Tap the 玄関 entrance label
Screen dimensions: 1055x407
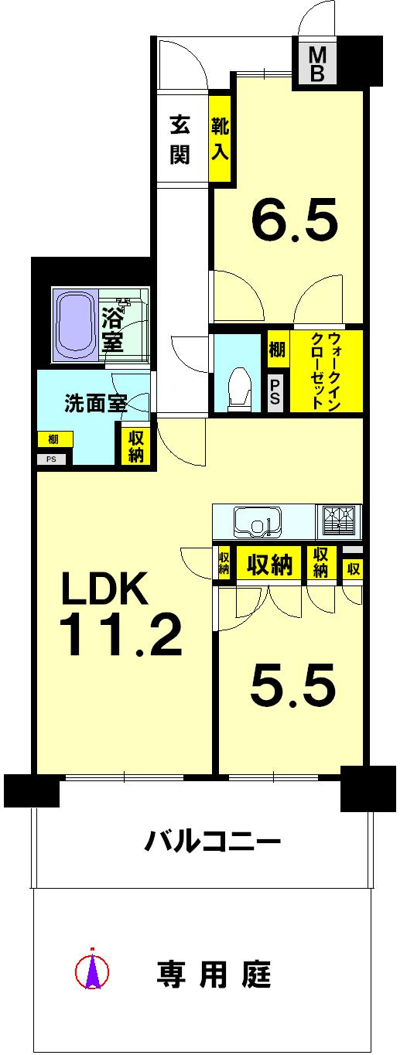[180, 139]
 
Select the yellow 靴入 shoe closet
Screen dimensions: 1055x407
[220, 138]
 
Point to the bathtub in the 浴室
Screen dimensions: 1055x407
[75, 325]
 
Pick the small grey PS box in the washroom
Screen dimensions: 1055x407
[52, 459]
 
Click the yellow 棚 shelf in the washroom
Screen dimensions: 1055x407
[54, 439]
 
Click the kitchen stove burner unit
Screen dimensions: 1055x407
[339, 520]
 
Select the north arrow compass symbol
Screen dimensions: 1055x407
[92, 968]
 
